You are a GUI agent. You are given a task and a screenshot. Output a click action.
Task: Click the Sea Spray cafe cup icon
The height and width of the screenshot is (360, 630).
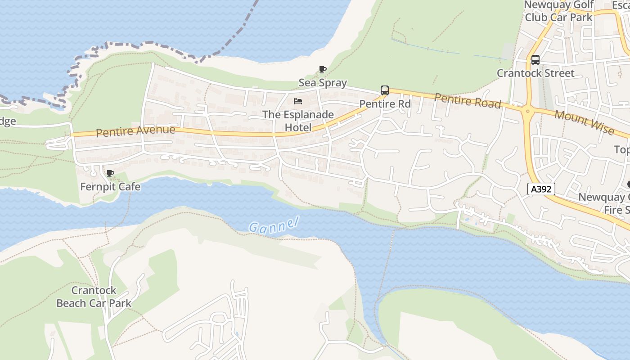click(x=322, y=69)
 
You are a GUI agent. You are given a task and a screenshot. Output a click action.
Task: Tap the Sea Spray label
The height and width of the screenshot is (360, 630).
click(x=323, y=83)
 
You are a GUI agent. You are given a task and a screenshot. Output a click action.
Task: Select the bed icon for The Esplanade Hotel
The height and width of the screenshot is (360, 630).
click(x=297, y=101)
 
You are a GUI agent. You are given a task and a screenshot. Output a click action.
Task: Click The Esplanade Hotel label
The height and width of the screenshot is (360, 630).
click(x=298, y=121)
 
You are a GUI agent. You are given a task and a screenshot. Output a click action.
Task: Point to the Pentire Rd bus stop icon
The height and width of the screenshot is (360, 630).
click(x=385, y=90)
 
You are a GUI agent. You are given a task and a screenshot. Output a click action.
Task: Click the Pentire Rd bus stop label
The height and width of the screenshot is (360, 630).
click(x=385, y=104)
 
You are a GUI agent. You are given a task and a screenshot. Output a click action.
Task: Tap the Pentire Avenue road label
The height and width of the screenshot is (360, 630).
click(x=135, y=131)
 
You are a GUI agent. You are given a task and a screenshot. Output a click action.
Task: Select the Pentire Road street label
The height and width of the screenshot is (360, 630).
click(x=468, y=101)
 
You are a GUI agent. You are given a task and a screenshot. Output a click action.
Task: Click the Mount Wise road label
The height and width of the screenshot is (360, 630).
click(x=584, y=121)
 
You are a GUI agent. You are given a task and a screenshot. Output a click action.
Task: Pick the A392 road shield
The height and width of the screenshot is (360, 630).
click(x=541, y=189)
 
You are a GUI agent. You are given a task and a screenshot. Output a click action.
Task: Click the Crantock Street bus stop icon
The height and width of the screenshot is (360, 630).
click(x=535, y=59)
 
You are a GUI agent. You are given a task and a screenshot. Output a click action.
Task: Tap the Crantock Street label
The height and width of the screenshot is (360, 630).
click(x=535, y=73)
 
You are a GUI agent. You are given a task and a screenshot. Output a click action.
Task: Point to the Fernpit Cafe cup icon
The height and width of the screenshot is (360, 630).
click(x=110, y=173)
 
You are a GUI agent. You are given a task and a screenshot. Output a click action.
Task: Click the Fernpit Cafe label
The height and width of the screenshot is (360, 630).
click(x=110, y=186)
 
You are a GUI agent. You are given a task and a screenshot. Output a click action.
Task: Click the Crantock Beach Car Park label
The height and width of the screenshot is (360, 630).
click(x=94, y=297)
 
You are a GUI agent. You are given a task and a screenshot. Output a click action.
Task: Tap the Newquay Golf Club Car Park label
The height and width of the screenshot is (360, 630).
click(x=559, y=11)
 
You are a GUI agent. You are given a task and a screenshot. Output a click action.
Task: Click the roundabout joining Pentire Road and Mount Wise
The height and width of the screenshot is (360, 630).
click(x=527, y=111)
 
